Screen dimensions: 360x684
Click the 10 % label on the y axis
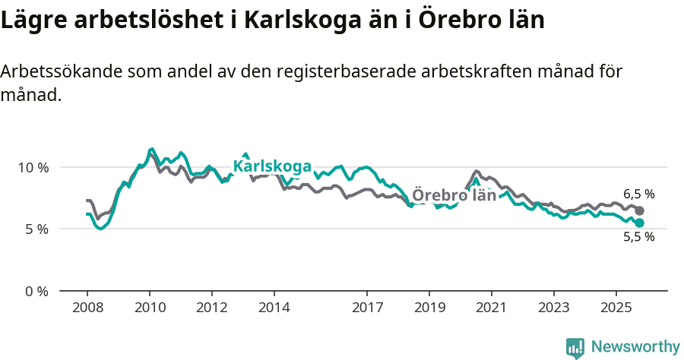click(x=32, y=167)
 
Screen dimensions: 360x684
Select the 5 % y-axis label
click(x=35, y=229)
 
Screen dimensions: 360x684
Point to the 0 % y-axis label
click(x=35, y=292)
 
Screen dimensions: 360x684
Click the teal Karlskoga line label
click(x=272, y=166)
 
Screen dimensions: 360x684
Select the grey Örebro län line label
click(x=454, y=195)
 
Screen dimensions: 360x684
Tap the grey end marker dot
click(x=639, y=210)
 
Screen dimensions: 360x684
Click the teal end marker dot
click(x=639, y=223)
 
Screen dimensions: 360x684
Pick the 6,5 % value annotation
click(x=638, y=194)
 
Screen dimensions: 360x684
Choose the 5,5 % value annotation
click(x=638, y=237)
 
